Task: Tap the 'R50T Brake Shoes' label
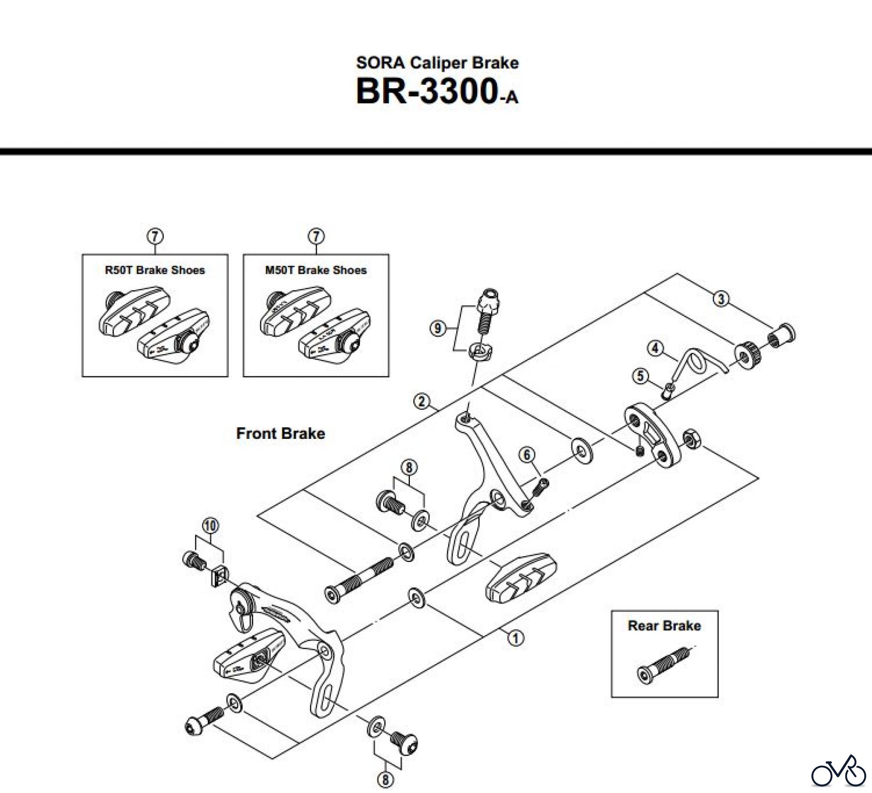point(155,270)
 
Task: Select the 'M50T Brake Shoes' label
point(316,270)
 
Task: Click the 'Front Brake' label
point(280,433)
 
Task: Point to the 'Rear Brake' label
point(664,625)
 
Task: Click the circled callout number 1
point(515,638)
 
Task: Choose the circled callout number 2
point(421,401)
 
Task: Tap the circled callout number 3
point(721,299)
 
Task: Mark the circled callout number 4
point(655,348)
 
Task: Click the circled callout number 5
point(640,375)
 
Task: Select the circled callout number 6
point(527,454)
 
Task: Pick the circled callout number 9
point(437,329)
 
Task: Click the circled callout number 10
point(211,525)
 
